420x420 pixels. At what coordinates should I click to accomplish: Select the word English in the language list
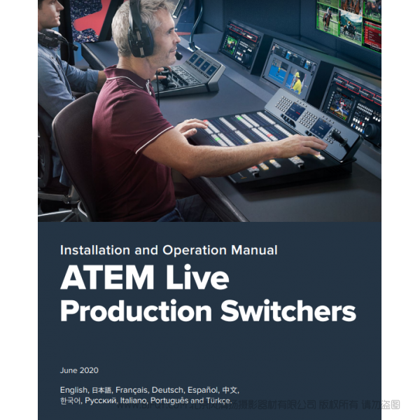coord(73,389)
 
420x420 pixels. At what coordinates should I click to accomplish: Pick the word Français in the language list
coord(132,389)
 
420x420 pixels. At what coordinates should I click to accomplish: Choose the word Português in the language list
coord(170,401)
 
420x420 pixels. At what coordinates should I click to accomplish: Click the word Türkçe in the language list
coord(217,401)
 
